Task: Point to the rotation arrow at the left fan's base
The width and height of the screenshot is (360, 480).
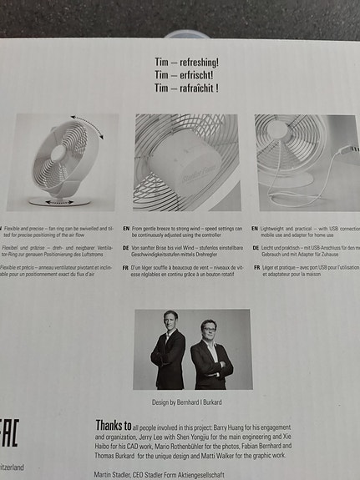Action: [58, 201]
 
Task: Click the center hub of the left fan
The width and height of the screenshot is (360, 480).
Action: [59, 154]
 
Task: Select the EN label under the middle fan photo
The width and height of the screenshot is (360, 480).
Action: [126, 227]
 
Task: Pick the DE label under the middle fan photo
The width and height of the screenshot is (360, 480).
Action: [126, 248]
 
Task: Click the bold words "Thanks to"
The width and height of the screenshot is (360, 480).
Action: [114, 425]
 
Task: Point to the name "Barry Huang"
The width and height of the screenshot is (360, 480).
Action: [250, 426]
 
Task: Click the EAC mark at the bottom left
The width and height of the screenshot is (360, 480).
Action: [8, 435]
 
